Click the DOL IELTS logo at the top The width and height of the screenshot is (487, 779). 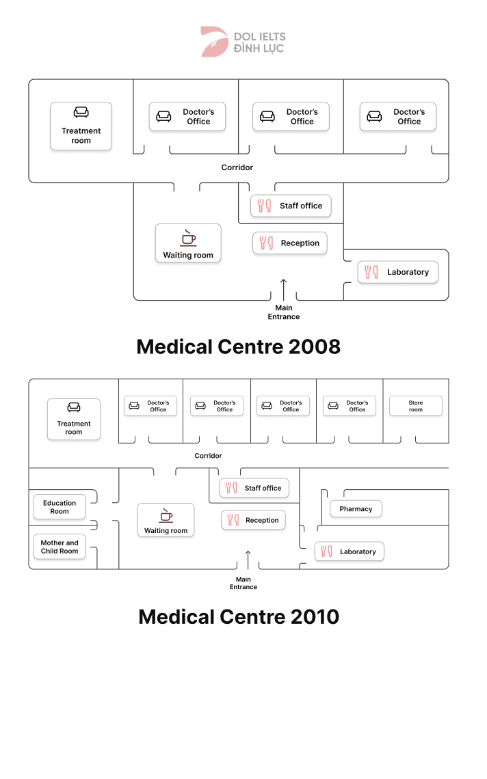click(x=243, y=42)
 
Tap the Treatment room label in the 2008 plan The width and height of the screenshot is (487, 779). click(x=81, y=135)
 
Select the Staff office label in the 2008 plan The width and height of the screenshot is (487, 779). click(x=300, y=206)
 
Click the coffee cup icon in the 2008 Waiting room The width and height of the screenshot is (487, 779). click(x=188, y=238)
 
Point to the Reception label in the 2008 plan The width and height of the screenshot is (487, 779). click(x=300, y=243)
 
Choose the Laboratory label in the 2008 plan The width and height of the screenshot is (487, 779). click(x=408, y=272)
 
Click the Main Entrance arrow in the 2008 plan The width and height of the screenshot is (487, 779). click(x=284, y=289)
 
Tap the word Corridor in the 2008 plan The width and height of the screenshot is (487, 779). click(x=237, y=167)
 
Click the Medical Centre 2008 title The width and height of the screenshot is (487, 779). click(x=238, y=346)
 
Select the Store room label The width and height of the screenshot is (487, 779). click(x=416, y=406)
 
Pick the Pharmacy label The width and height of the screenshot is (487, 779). click(x=356, y=509)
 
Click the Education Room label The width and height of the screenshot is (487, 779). click(x=60, y=507)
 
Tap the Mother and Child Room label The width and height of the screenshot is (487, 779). click(x=60, y=547)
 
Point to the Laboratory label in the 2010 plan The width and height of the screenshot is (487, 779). click(x=357, y=551)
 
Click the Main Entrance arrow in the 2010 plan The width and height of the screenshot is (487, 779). click(x=248, y=560)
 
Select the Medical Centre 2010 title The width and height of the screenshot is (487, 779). click(x=238, y=616)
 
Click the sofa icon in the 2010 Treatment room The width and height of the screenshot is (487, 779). click(x=74, y=407)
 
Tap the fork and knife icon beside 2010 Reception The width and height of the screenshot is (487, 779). click(x=233, y=520)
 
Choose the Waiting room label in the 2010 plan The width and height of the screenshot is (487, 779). click(x=166, y=530)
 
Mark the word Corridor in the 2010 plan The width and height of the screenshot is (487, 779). click(x=208, y=456)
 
